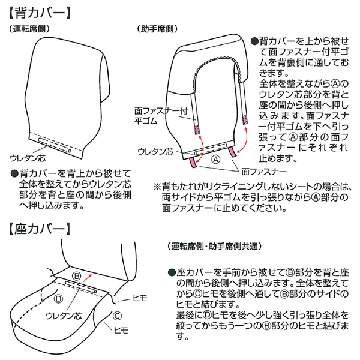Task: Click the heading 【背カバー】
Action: (x=40, y=13)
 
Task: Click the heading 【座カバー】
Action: (x=40, y=229)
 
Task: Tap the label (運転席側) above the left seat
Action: (x=29, y=29)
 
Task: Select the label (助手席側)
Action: (x=157, y=29)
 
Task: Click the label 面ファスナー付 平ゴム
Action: (x=161, y=116)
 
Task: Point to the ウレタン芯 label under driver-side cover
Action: (x=28, y=158)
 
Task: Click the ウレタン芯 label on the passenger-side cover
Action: (x=155, y=152)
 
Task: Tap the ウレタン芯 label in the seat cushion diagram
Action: (x=64, y=316)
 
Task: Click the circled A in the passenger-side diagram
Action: (x=216, y=159)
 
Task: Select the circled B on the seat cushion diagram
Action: (x=77, y=276)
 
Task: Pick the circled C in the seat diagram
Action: (x=117, y=316)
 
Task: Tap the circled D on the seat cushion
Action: (x=58, y=298)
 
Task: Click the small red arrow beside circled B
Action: (x=88, y=278)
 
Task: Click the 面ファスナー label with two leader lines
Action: (x=264, y=172)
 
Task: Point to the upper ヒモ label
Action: (x=140, y=298)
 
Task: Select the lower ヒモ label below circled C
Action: (x=121, y=331)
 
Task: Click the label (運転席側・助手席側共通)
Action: (x=215, y=247)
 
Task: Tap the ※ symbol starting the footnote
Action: (x=157, y=187)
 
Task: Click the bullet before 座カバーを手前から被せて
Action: (x=171, y=272)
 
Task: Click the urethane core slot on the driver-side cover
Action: (x=55, y=145)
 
